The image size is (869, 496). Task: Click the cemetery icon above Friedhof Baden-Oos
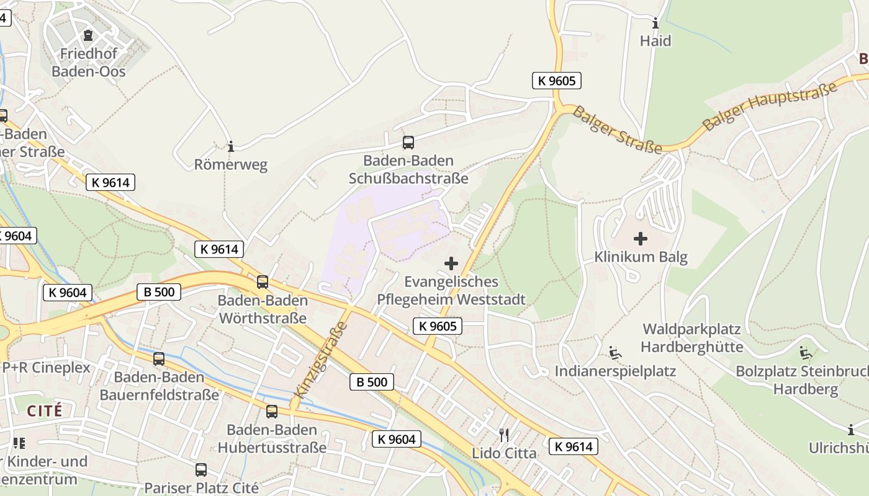pos(88,35)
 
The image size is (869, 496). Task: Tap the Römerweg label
pos(231,165)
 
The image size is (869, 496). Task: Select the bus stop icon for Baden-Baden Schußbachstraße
pos(408,143)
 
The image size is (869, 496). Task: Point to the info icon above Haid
pos(655,24)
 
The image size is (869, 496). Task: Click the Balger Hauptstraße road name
pos(770,105)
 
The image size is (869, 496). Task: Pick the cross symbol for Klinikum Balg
pos(641,239)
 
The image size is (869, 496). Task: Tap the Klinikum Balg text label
pos(641,257)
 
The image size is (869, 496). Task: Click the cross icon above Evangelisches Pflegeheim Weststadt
pos(451,264)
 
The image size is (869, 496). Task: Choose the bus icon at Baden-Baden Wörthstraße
pos(263,282)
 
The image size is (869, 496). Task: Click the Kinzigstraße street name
pos(319,360)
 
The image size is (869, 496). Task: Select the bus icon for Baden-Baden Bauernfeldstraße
pos(159,358)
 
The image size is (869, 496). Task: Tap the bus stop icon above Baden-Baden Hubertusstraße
pos(272,411)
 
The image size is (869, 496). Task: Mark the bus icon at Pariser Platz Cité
pos(200,469)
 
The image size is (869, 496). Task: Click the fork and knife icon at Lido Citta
pos(504,435)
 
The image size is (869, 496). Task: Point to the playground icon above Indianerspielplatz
pos(615,353)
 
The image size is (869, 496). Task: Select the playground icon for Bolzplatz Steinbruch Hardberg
pos(806,353)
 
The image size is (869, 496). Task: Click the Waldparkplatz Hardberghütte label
pos(692,337)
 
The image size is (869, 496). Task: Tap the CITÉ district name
pos(45,410)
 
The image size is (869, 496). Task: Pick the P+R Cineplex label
pos(46,368)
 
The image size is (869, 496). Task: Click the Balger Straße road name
pos(617,130)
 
